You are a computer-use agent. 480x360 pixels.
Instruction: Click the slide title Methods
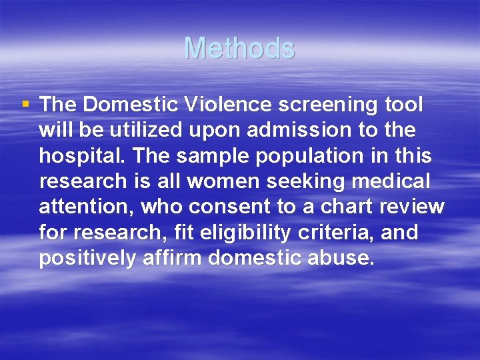pyautogui.click(x=239, y=48)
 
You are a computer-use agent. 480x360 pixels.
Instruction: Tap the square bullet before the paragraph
pyautogui.click(x=25, y=104)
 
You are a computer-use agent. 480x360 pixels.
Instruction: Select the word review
pyautogui.click(x=411, y=207)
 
